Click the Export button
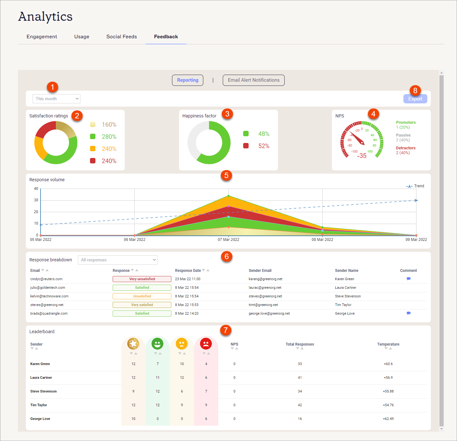point(415,99)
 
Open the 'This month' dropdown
point(56,99)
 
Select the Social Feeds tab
point(122,37)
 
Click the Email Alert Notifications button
point(253,80)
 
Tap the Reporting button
point(188,80)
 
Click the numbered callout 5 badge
point(226,176)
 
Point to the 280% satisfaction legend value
point(109,137)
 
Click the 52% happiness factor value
point(264,146)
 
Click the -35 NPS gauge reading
point(362,156)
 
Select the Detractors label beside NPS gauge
point(406,148)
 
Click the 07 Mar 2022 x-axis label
point(228,240)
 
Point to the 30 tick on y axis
point(36,200)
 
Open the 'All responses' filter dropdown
point(118,260)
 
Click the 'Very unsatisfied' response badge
point(142,279)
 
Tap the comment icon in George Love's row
point(408,313)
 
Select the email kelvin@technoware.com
point(49,296)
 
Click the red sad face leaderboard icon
point(206,344)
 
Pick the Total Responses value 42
point(300,405)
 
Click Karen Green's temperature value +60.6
point(388,364)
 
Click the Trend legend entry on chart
point(415,186)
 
